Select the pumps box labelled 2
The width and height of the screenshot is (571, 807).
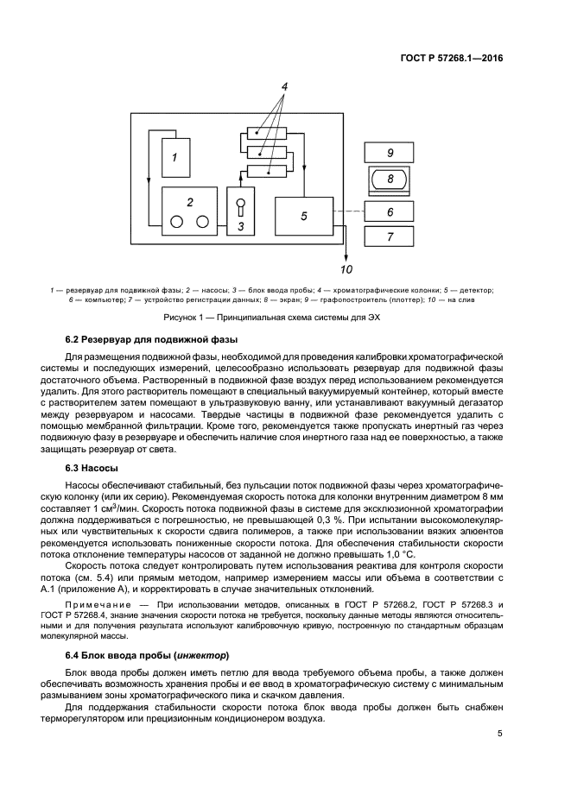pos(190,211)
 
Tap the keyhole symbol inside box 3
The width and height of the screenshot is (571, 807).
pos(242,209)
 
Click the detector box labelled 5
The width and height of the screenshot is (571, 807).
pos(304,216)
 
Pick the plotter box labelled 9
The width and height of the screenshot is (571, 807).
pos(390,152)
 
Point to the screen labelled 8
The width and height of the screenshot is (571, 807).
pos(390,180)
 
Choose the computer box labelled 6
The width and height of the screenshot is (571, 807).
pos(390,211)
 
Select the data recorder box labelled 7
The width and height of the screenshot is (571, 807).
pos(390,236)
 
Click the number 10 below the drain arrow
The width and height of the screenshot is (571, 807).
pos(346,268)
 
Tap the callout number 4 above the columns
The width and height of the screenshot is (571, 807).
pos(283,86)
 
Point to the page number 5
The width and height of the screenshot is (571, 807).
pos(500,734)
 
